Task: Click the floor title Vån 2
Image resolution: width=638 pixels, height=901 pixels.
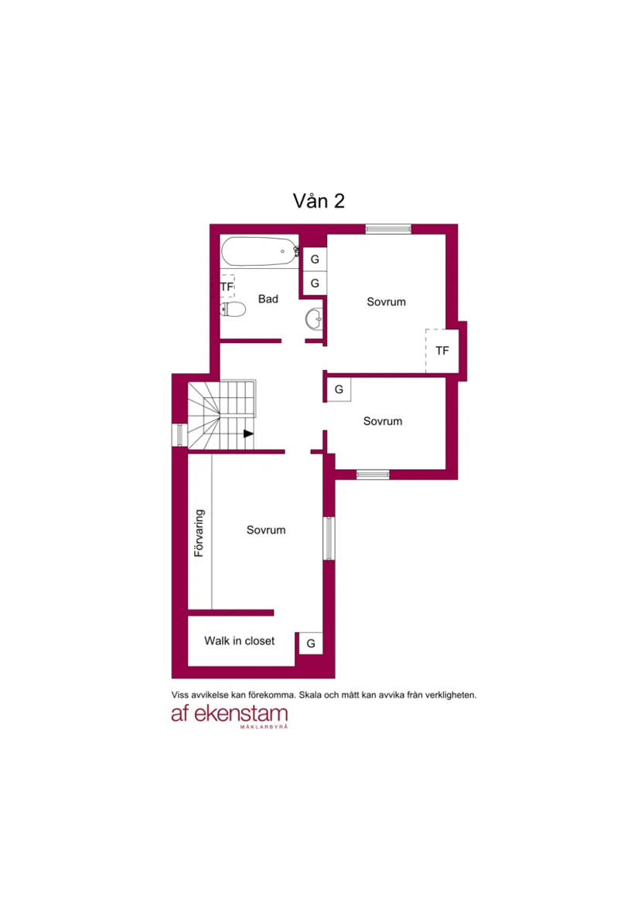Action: pos(319,201)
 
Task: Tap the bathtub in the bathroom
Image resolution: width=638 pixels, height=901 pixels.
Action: pos(260,251)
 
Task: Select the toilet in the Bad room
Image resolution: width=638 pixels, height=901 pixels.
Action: pos(233,309)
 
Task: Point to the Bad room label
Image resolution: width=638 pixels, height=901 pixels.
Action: pos(268,299)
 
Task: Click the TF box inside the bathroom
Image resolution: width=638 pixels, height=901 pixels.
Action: pos(227,286)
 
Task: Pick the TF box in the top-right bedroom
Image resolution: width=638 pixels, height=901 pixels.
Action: pos(442,351)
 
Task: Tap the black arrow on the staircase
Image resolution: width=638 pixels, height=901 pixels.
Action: pos(248,433)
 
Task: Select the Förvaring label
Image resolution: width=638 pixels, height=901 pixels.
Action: pos(199,532)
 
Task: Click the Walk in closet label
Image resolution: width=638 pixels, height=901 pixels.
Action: pos(239,641)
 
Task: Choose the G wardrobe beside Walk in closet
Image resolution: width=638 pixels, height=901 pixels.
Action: pos(311,644)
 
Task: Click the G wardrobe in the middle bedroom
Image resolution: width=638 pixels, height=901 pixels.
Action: pos(339,389)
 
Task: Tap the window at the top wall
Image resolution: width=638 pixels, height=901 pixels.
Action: pos(388,229)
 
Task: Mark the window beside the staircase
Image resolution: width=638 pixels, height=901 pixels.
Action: pos(179,435)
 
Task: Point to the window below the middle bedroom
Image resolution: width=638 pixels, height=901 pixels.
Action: pos(373,474)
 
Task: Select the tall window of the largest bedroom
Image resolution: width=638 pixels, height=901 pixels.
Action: pos(329,539)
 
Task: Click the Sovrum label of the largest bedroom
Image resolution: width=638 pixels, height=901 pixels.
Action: pos(266,530)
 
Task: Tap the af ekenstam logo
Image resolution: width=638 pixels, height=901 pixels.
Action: pos(230,716)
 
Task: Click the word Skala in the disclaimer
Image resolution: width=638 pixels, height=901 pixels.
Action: pos(310,695)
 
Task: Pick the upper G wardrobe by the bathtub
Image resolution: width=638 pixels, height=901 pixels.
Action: pos(315,259)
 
